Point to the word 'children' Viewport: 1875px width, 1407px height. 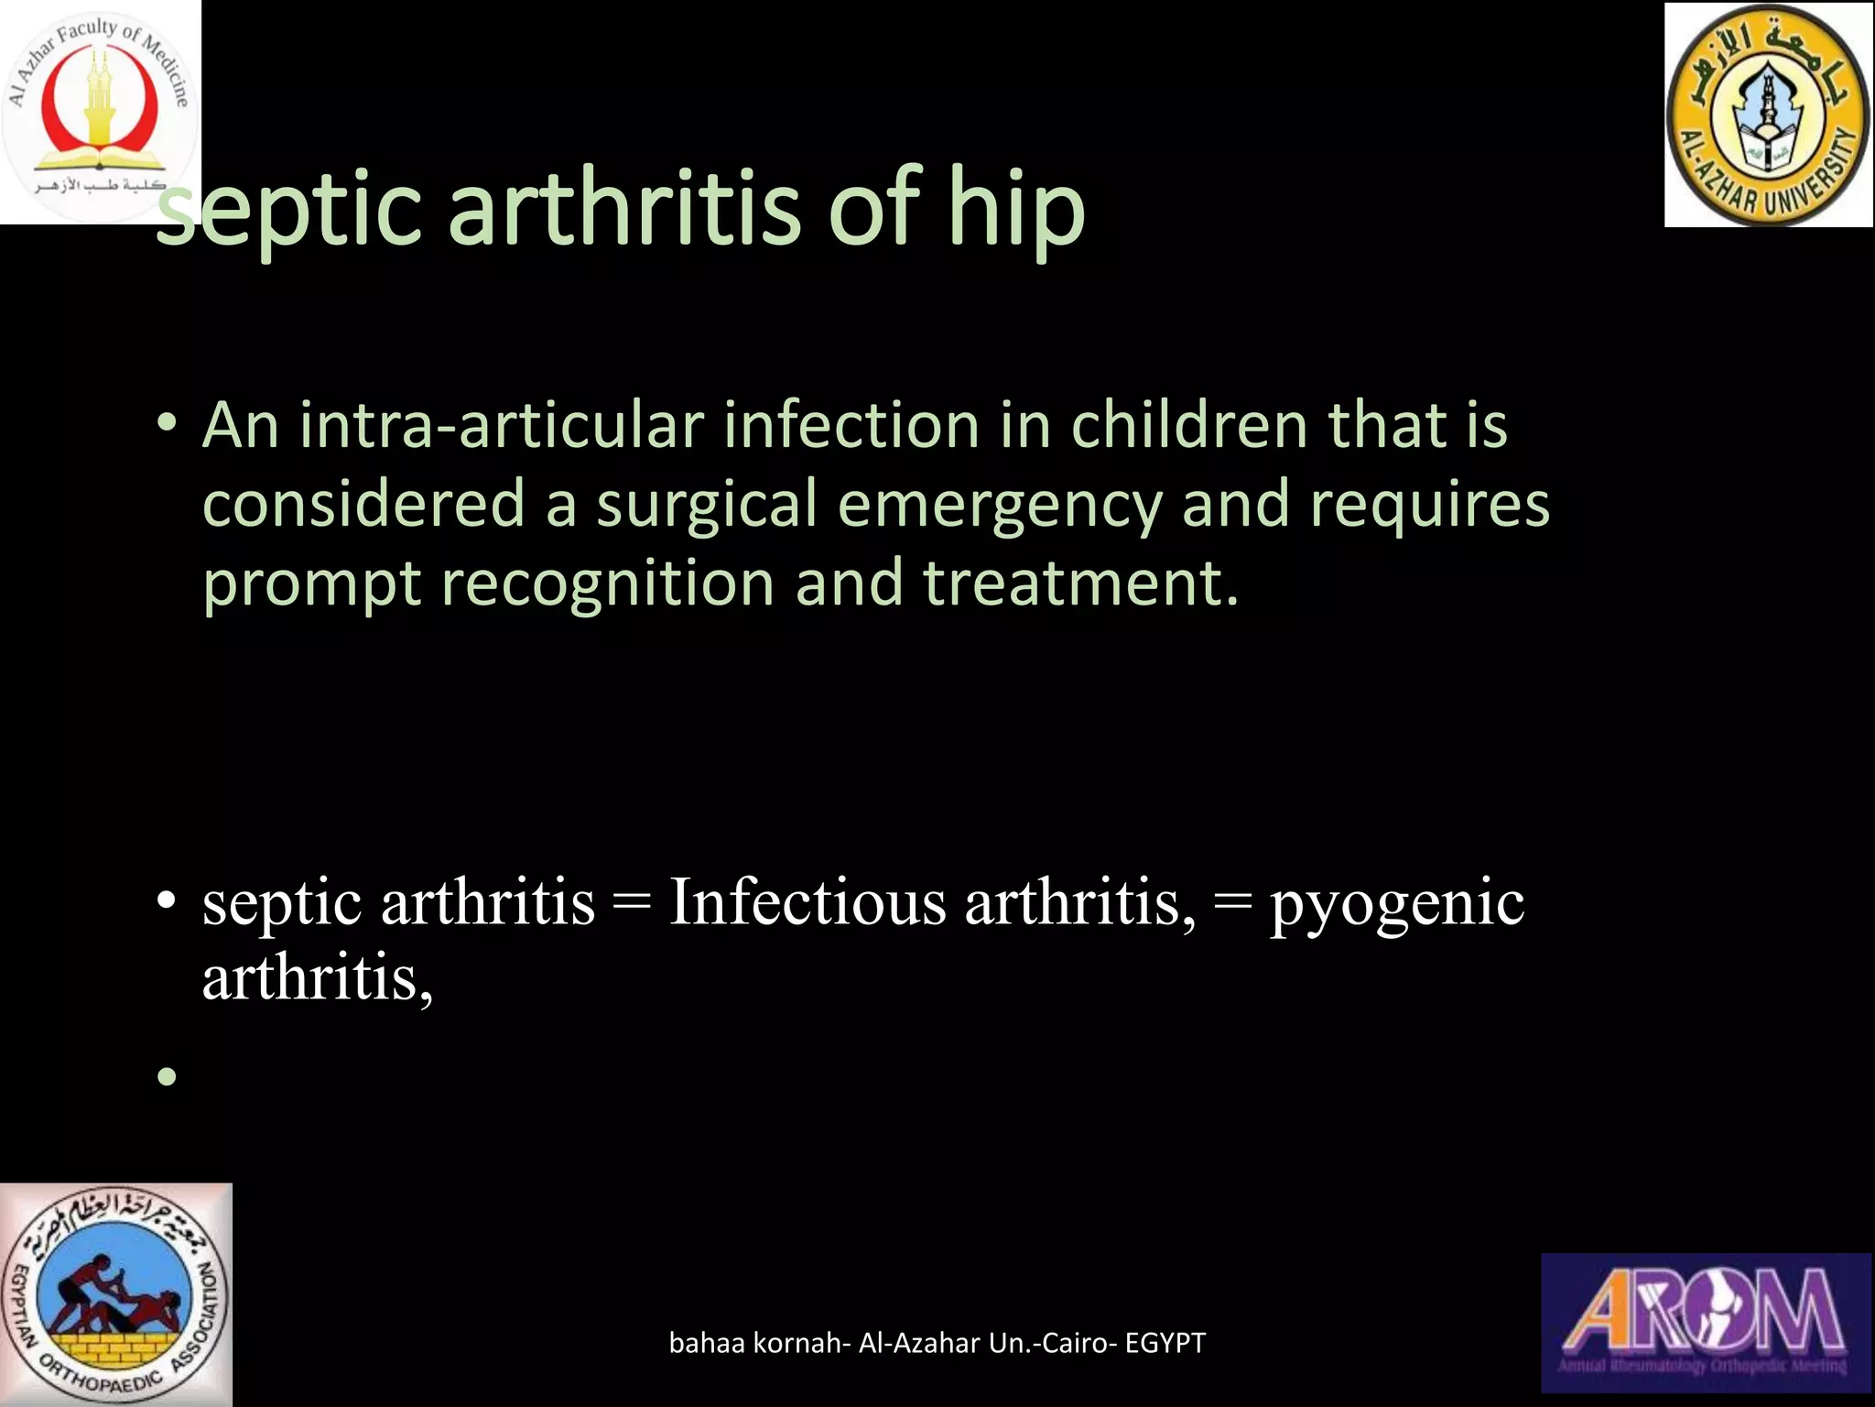point(1189,426)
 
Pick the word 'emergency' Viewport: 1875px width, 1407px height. point(999,506)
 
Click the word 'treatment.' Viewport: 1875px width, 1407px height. point(1080,584)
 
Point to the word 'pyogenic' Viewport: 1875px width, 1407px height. point(1396,904)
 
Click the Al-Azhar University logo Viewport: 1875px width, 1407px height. point(1768,115)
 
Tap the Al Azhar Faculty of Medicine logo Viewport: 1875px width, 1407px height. point(99,110)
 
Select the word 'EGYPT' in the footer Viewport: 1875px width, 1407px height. point(1165,1343)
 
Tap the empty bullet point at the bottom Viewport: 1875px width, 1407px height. point(167,1075)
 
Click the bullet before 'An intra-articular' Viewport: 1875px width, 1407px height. point(167,424)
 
